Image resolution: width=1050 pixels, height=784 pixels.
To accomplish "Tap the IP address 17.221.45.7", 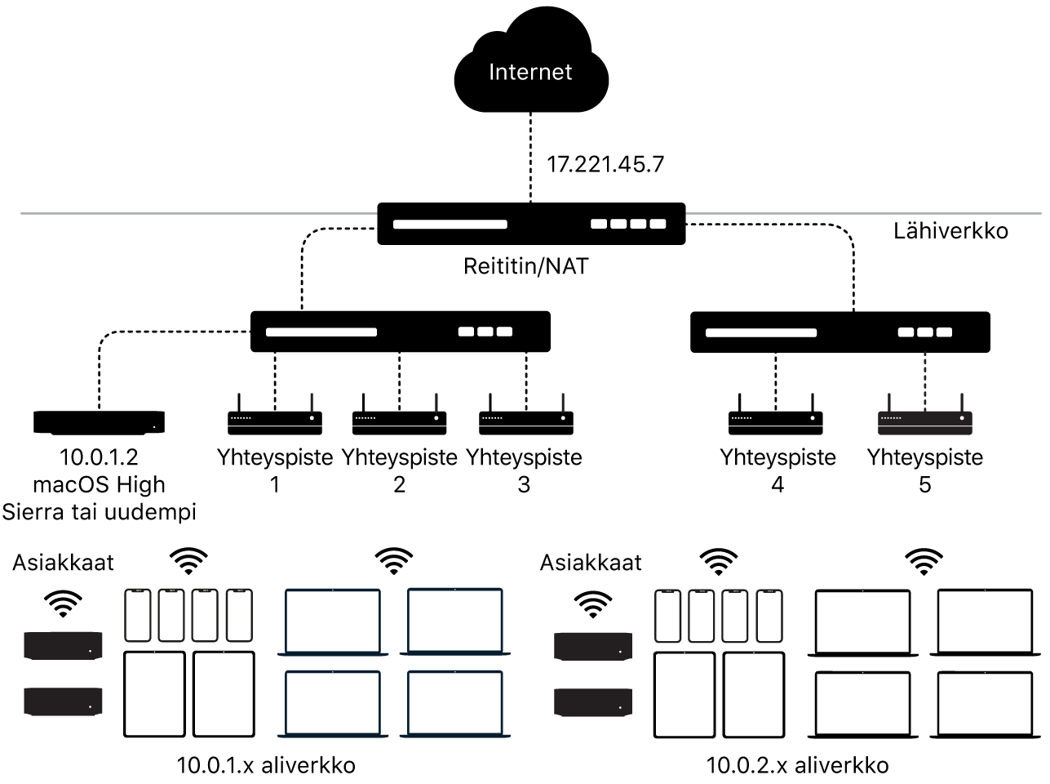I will [605, 164].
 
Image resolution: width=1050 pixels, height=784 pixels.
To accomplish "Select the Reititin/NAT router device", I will [530, 223].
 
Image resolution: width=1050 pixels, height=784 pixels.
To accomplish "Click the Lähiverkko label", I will [950, 231].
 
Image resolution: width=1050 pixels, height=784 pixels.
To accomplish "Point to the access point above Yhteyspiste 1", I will [275, 421].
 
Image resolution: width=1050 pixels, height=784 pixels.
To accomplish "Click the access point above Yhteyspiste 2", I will [399, 421].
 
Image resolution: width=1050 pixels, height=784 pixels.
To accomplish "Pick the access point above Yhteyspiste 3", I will [525, 421].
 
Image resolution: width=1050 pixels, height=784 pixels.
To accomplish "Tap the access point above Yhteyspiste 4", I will [776, 421].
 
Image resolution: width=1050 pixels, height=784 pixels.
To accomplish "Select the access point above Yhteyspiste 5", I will [924, 421].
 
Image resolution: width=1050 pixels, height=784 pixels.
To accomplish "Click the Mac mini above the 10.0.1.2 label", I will [99, 421].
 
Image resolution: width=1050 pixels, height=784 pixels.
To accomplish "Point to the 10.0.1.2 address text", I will [99, 457].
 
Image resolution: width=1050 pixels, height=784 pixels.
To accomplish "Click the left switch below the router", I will [400, 332].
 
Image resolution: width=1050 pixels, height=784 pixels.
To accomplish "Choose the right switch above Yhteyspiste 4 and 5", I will [840, 332].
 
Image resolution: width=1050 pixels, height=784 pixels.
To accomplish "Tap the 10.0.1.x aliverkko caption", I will [266, 765].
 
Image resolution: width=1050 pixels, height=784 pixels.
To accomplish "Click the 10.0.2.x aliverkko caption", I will [796, 765].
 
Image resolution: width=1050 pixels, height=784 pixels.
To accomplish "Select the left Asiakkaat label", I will [64, 563].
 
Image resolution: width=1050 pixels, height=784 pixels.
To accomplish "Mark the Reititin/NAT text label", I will [525, 266].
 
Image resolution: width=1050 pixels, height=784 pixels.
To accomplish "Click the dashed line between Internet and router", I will [530, 155].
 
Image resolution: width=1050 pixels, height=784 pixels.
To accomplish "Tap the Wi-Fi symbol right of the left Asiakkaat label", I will [188, 560].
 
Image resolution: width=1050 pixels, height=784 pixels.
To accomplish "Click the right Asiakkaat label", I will [591, 563].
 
